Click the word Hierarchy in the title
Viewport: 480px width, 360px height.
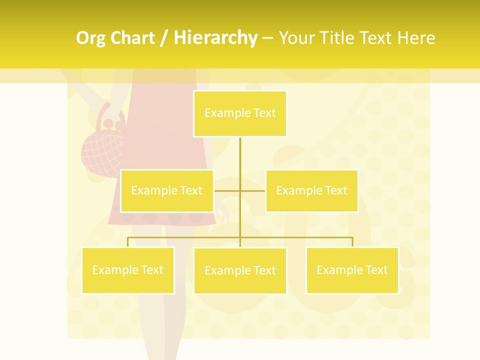[x=215, y=38]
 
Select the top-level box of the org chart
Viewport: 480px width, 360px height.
[x=240, y=113]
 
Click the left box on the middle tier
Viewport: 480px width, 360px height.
[x=167, y=191]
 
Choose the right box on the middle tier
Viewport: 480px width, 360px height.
[x=311, y=191]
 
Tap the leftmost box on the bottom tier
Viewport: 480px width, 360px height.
[x=127, y=270]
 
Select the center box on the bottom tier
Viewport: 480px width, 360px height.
[x=240, y=271]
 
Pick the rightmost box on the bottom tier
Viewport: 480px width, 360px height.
[x=352, y=270]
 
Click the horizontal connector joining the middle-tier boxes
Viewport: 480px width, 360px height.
[x=252, y=190]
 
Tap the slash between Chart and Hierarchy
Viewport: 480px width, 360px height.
[x=163, y=38]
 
